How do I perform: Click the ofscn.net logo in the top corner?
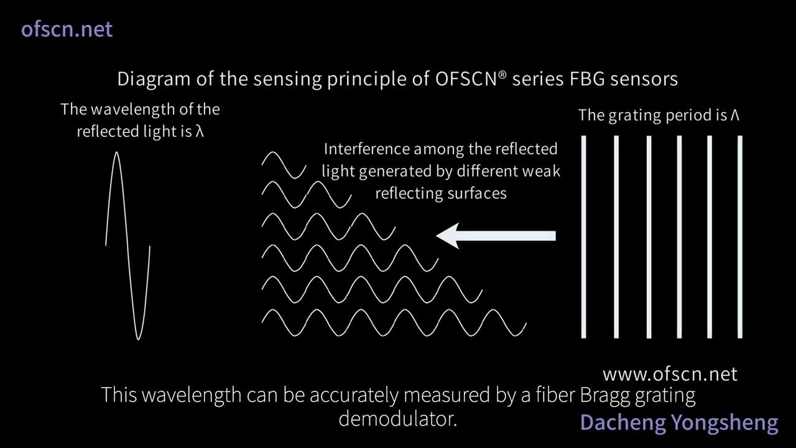pos(67,29)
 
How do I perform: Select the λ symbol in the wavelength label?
pos(200,132)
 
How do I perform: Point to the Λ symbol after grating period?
pos(734,115)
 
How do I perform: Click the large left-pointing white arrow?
pos(496,236)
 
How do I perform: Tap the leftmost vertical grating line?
pos(584,237)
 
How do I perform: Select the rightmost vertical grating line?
pos(740,237)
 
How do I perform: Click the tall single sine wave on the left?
pos(127,246)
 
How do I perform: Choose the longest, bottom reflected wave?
pos(394,322)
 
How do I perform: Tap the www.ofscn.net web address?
pos(670,374)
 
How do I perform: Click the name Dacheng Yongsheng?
pos(678,422)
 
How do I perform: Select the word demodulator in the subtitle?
pos(398,419)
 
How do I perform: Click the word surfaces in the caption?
pos(476,194)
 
